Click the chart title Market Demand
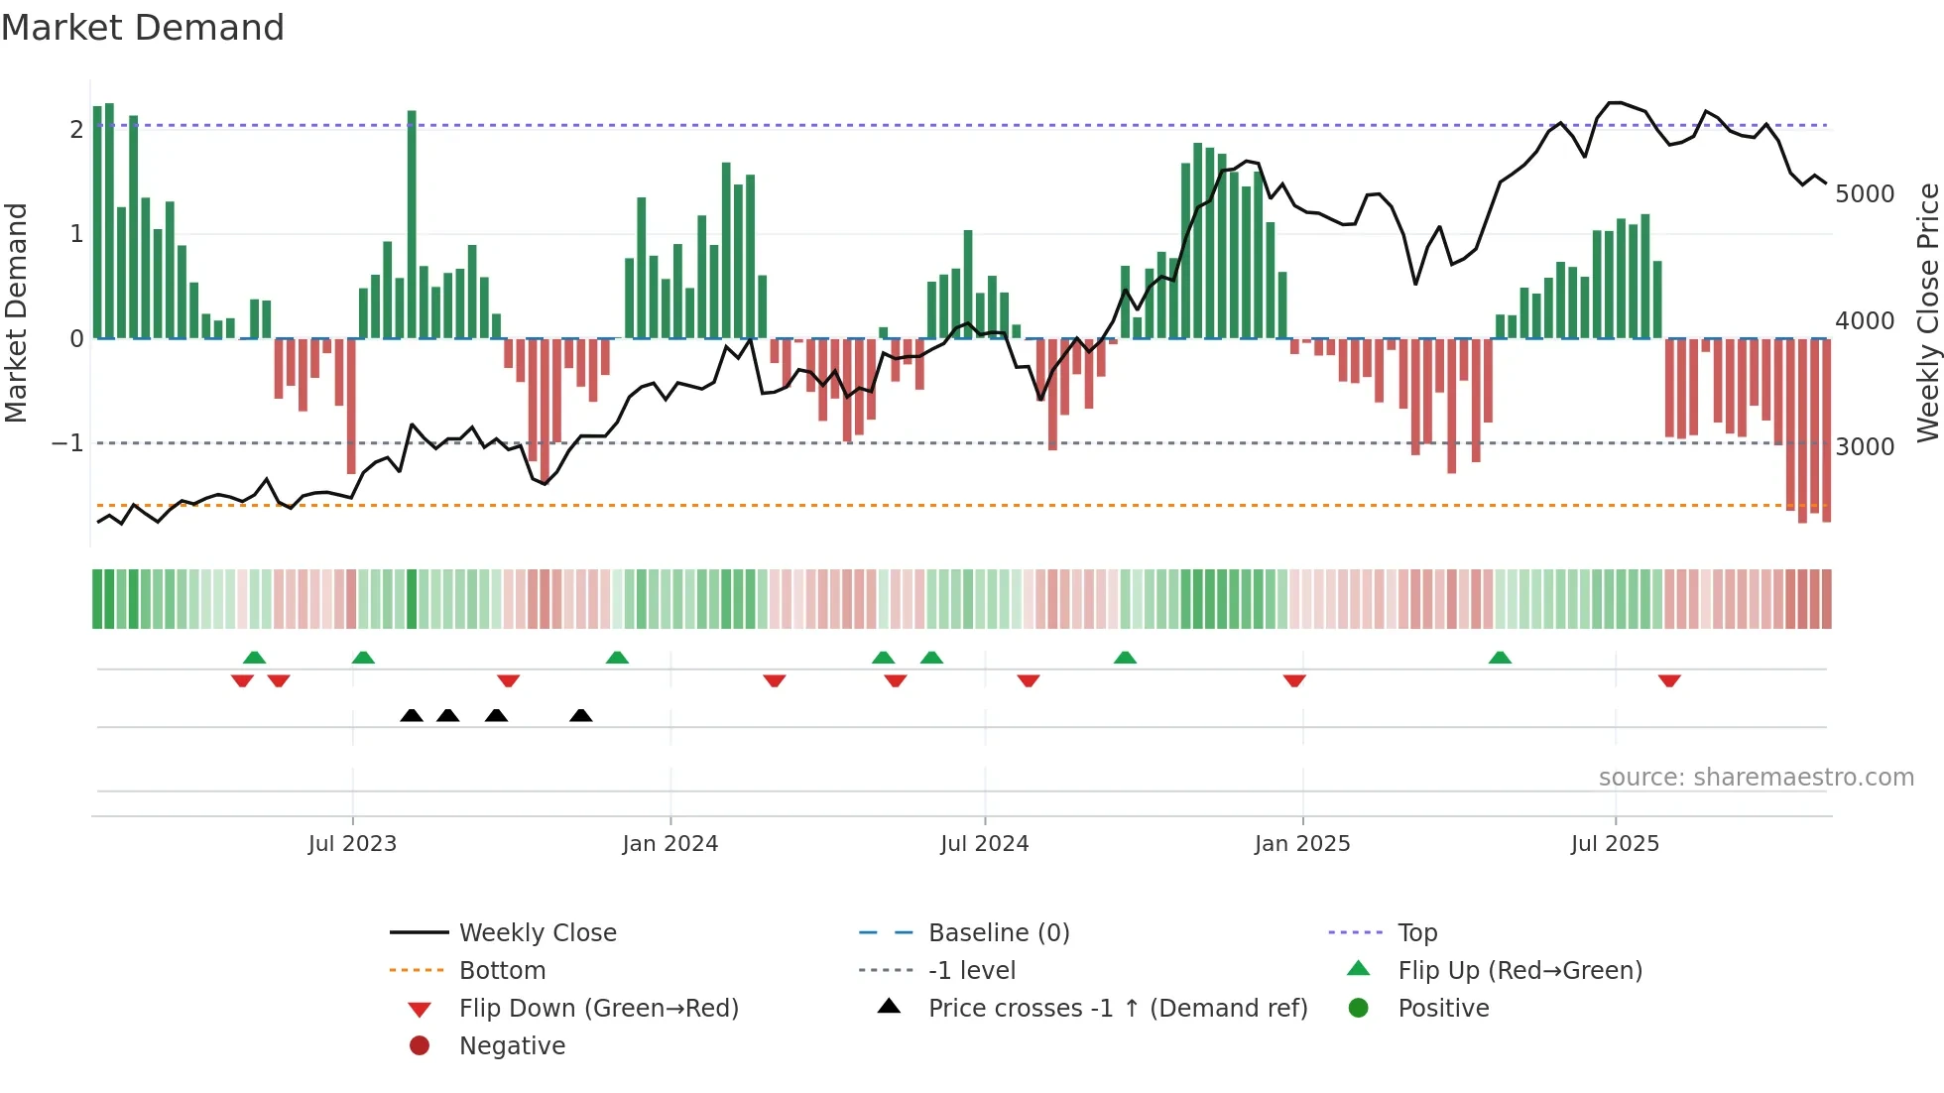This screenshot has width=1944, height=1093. click(143, 28)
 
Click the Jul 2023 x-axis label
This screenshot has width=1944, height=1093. click(352, 844)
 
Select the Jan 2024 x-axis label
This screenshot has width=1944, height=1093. click(669, 844)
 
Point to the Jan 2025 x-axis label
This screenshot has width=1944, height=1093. click(1301, 844)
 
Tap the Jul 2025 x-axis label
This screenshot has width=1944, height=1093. click(1615, 844)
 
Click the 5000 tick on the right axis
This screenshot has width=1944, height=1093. click(1865, 194)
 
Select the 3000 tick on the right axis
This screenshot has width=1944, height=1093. click(1865, 447)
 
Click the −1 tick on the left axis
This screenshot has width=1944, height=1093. click(68, 443)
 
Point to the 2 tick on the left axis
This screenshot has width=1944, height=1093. click(76, 130)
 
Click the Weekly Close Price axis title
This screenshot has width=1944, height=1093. click(1927, 312)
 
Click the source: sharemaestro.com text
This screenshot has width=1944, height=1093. click(1756, 778)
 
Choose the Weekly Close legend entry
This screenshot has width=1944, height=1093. click(537, 933)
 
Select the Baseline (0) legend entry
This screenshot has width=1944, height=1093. click(998, 933)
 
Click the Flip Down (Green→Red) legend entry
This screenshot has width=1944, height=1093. click(598, 1009)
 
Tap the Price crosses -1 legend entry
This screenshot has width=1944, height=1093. click(1117, 1009)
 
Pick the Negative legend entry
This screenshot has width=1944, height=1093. click(512, 1046)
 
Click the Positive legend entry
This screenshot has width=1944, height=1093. click(1443, 1009)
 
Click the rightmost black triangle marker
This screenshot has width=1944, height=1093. click(581, 716)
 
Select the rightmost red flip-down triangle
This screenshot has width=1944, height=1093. click(1669, 680)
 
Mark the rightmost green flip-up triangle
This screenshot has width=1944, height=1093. click(1500, 658)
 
